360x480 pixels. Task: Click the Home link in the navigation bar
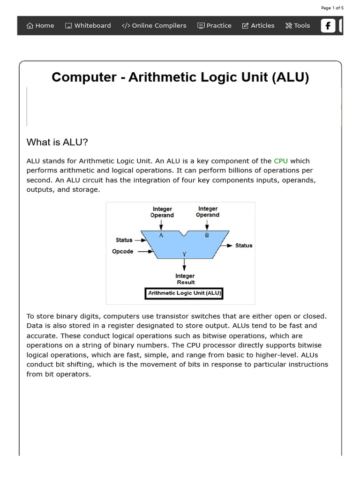click(x=40, y=26)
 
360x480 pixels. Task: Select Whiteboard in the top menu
click(x=88, y=26)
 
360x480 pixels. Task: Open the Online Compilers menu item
click(x=154, y=26)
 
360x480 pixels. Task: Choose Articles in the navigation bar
click(x=258, y=26)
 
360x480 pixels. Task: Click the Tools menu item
click(x=298, y=26)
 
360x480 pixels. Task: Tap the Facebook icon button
click(x=328, y=26)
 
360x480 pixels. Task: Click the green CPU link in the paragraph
click(x=281, y=161)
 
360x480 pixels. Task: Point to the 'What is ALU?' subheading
click(x=58, y=142)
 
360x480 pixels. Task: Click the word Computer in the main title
click(x=82, y=77)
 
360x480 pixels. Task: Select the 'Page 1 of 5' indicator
click(x=332, y=8)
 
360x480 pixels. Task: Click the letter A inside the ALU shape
click(x=161, y=235)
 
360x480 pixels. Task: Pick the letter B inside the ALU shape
click(x=207, y=235)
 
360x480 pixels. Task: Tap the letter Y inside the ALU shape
click(x=184, y=254)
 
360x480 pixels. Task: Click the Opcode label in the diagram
click(x=123, y=251)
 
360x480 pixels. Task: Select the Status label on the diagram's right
click(x=243, y=245)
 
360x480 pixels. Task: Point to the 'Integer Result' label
click(x=185, y=279)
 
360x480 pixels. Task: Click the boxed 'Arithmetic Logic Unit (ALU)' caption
click(x=185, y=293)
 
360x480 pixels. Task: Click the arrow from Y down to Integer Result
click(x=184, y=265)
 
